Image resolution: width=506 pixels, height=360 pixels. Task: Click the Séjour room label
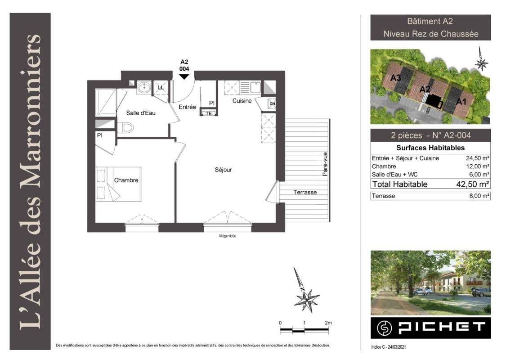(x=223, y=170)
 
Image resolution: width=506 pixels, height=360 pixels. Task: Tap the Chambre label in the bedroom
(x=126, y=180)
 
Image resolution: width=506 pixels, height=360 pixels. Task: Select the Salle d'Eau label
(x=141, y=113)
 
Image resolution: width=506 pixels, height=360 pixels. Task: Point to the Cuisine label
(x=242, y=101)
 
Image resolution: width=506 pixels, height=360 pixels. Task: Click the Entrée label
(x=187, y=107)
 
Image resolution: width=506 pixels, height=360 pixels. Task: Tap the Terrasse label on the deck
(x=305, y=193)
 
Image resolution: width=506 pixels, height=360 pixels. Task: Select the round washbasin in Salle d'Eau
(x=143, y=87)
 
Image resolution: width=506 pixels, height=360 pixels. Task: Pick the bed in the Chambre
(x=118, y=184)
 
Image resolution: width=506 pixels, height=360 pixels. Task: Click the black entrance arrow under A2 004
(x=184, y=76)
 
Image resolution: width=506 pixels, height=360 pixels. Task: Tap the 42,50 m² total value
(x=473, y=184)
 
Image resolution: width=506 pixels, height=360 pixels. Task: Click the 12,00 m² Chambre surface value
(x=478, y=166)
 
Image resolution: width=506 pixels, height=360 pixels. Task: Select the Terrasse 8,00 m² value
(x=479, y=196)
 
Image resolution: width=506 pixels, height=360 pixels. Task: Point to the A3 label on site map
(x=396, y=78)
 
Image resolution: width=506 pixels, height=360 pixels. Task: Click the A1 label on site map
(x=461, y=102)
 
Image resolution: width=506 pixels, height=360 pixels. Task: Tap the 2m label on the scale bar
(x=328, y=323)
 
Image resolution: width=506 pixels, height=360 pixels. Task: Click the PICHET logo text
(x=442, y=328)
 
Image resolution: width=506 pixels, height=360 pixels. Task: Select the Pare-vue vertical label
(x=325, y=164)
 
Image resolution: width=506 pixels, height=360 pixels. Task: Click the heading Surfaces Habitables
(x=430, y=148)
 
